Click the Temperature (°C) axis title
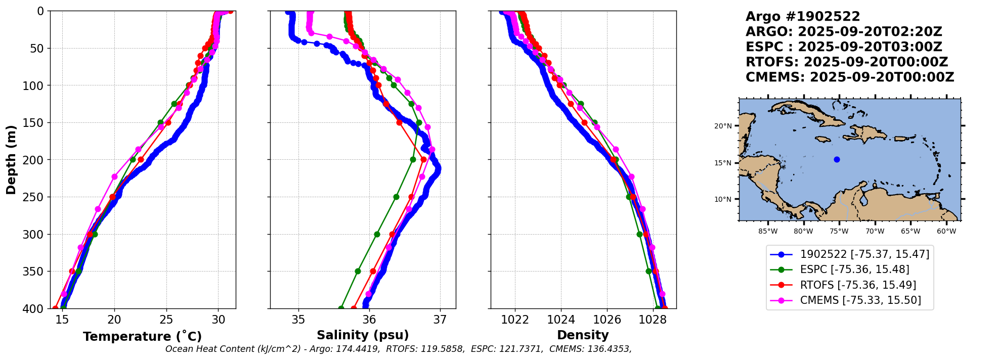pyautogui.click(x=142, y=337)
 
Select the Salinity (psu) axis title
pyautogui.click(x=363, y=335)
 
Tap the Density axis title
pyautogui.click(x=583, y=335)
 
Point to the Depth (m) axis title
pyautogui.click(x=11, y=160)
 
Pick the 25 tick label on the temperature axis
pyautogui.click(x=166, y=320)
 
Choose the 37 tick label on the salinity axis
pyautogui.click(x=440, y=320)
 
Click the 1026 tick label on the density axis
pyautogui.click(x=607, y=320)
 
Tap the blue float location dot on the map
pyautogui.click(x=837, y=159)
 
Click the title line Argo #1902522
pyautogui.click(x=802, y=17)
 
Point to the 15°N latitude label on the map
pyautogui.click(x=723, y=163)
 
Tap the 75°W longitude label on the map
pyautogui.click(x=839, y=232)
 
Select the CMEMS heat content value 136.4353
pyautogui.click(x=608, y=349)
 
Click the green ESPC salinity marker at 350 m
pyautogui.click(x=358, y=272)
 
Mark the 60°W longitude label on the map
pyautogui.click(x=946, y=232)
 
